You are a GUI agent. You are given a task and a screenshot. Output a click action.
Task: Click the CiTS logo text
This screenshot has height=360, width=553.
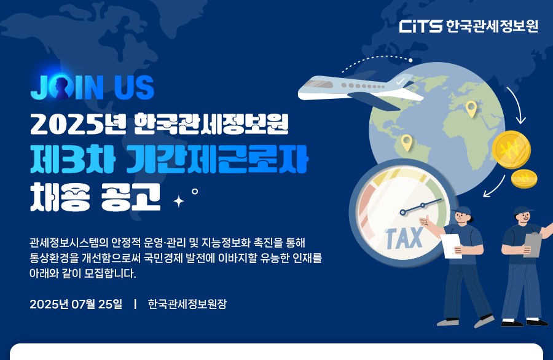(421, 26)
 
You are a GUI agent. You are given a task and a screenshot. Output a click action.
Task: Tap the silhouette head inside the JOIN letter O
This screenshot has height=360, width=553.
(61, 87)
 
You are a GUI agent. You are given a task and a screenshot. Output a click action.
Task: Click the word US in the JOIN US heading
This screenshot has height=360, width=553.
(134, 87)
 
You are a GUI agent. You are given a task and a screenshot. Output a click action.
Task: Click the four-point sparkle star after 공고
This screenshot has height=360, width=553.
(179, 202)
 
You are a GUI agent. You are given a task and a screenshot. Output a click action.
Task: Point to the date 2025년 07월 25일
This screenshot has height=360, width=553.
(76, 304)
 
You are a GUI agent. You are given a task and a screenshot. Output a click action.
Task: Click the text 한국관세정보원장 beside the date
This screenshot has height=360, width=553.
(187, 304)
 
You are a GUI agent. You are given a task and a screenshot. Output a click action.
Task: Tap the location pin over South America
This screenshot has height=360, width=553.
(407, 143)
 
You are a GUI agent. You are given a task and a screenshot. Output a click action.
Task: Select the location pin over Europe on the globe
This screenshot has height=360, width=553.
(471, 109)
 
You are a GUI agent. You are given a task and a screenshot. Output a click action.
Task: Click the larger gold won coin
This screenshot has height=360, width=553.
(511, 149)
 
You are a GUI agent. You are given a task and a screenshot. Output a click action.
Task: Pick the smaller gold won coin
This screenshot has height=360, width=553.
(524, 178)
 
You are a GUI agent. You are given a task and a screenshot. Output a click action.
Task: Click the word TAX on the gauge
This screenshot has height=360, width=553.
(404, 238)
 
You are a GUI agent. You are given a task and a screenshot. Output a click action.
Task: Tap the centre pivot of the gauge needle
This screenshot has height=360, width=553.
(403, 213)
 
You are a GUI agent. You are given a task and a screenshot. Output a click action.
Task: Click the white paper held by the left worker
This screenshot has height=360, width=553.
(451, 246)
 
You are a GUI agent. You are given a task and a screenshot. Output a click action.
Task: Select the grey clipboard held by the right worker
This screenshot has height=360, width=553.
(533, 245)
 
